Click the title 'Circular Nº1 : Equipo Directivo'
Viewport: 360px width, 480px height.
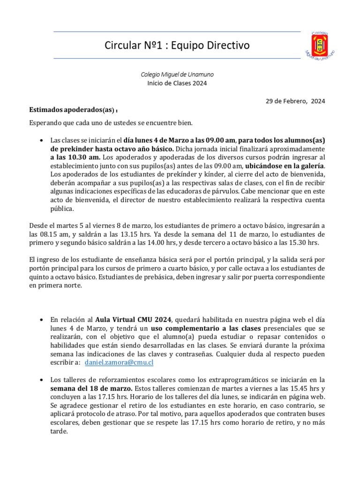(x=177, y=45)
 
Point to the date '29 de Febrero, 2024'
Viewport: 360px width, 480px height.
(x=295, y=101)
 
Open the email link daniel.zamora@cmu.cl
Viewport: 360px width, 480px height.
(x=119, y=362)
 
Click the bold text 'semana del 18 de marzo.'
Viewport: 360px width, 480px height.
(x=91, y=389)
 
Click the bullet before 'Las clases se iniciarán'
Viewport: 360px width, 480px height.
(x=42, y=141)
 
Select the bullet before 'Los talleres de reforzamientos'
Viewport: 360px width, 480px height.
(x=42, y=380)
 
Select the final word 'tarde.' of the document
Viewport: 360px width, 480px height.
(x=59, y=432)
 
